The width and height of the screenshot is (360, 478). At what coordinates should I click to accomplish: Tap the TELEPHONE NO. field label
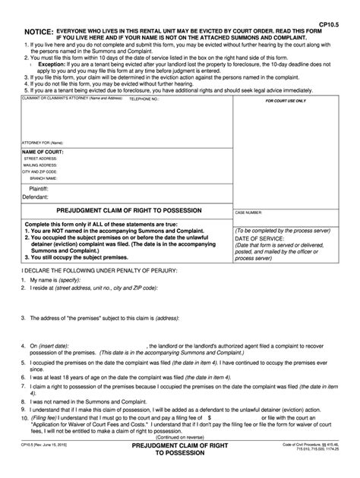144,99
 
